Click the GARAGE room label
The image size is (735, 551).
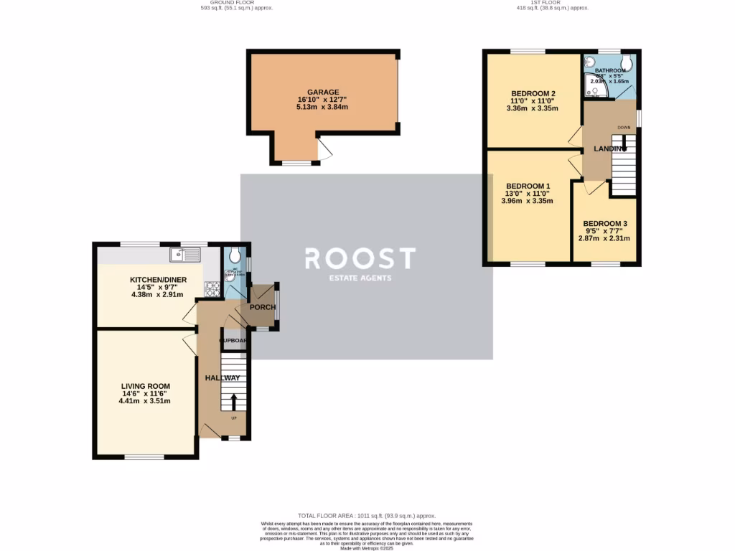pyautogui.click(x=322, y=92)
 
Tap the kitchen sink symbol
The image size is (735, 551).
pyautogui.click(x=185, y=254)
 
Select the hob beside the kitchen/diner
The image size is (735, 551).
pyautogui.click(x=213, y=290)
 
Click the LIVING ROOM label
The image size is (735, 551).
pyautogui.click(x=145, y=385)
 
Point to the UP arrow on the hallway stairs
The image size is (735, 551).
pyautogui.click(x=233, y=401)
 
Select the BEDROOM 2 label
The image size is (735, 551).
pyautogui.click(x=533, y=93)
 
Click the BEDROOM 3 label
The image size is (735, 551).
pyautogui.click(x=605, y=223)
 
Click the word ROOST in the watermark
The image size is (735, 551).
pyautogui.click(x=360, y=258)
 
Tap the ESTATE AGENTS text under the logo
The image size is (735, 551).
pyautogui.click(x=360, y=278)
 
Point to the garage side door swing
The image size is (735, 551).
pyautogui.click(x=325, y=150)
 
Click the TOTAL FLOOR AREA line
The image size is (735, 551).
pyautogui.click(x=367, y=516)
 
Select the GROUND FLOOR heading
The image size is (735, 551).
pyautogui.click(x=237, y=3)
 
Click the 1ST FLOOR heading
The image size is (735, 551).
pyautogui.click(x=552, y=3)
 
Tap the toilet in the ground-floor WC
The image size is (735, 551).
pyautogui.click(x=232, y=255)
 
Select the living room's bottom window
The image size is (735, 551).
pyautogui.click(x=145, y=457)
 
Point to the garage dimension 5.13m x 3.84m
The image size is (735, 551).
pyautogui.click(x=322, y=108)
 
